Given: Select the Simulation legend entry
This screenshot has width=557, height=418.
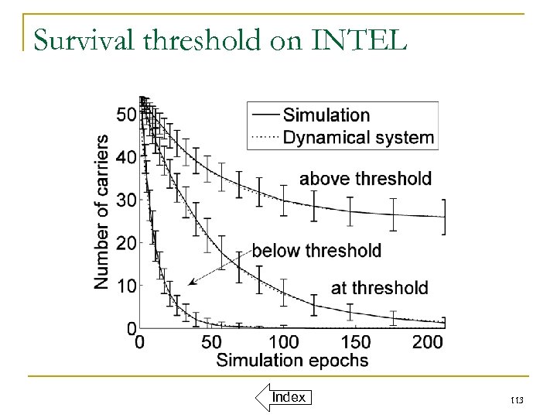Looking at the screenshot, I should tap(326, 115).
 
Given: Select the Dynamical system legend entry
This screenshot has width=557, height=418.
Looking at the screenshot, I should tap(358, 139).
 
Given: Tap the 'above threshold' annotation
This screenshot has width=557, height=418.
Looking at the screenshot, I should tap(365, 179).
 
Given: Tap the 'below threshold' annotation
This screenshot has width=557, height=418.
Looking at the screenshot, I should tap(317, 250).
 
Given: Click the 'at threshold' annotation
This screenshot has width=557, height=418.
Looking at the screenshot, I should tap(379, 288).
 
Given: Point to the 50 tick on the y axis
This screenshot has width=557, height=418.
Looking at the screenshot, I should tap(126, 115).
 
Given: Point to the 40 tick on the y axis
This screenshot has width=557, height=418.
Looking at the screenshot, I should tap(126, 157).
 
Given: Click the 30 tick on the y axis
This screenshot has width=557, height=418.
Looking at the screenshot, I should tap(126, 200).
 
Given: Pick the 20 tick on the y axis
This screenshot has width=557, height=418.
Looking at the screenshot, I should tap(126, 243).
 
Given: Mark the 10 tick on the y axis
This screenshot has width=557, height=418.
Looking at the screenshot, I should tap(126, 286).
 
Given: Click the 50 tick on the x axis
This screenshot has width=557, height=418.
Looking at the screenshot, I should tap(211, 341).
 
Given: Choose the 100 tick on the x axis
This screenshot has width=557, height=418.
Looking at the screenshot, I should tap(284, 341).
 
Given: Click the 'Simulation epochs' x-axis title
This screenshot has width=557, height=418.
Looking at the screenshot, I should tap(292, 360).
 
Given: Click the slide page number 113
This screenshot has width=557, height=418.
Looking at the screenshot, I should tap(518, 400).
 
